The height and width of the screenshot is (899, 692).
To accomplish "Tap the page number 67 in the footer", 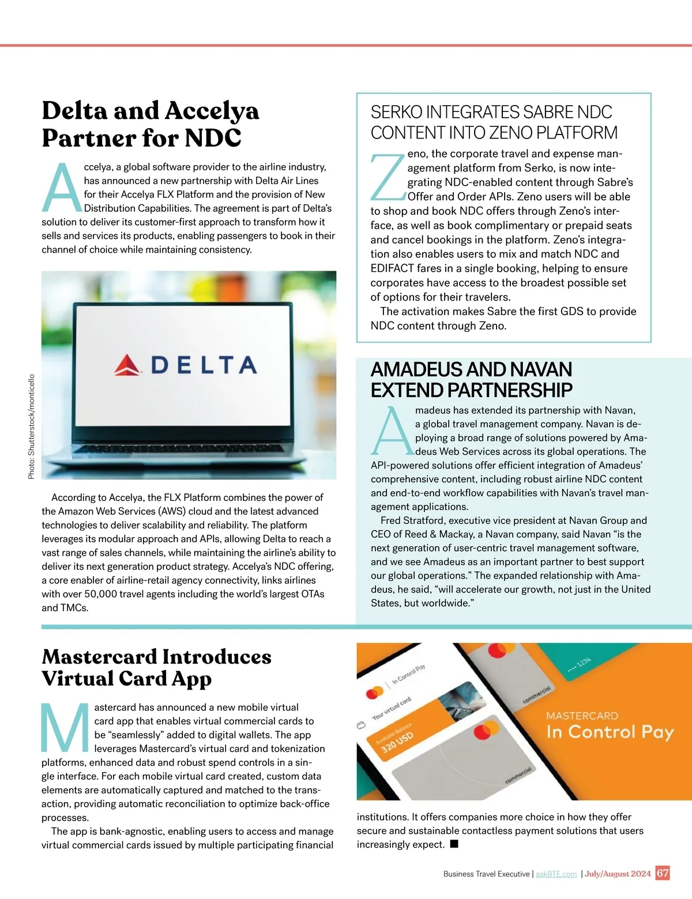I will pos(663,872).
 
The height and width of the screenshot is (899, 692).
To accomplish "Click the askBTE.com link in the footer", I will pos(556,874).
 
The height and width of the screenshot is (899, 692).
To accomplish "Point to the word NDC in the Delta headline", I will pos(213,138).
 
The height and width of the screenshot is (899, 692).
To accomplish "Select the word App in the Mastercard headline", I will pos(192,679).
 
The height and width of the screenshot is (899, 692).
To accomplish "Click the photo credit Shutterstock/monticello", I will pos(32,426).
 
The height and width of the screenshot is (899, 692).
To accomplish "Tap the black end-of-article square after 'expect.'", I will pos(454,844).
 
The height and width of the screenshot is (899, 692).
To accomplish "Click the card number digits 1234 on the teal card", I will pos(583,662).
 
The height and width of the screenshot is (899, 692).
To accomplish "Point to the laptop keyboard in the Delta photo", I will pos(190,449).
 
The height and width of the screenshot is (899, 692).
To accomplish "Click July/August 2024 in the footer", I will pos(618,874).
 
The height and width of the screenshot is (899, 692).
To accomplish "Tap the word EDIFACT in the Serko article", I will pos(392,268).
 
